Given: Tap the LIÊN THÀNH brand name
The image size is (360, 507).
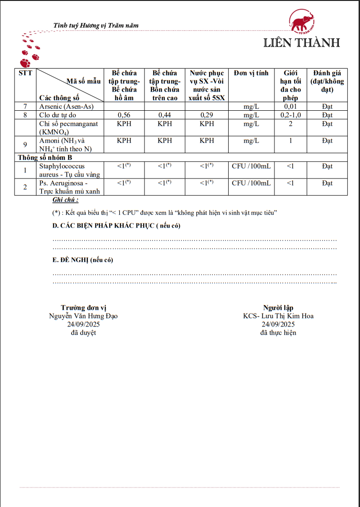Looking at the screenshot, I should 302,43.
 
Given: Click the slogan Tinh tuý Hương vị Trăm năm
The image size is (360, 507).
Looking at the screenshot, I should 96,25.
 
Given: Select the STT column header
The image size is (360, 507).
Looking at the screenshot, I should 25,73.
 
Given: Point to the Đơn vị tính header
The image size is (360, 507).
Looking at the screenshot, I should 251,73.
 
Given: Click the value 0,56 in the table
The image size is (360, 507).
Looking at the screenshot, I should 124,115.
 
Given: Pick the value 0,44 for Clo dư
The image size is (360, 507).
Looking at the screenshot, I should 165,115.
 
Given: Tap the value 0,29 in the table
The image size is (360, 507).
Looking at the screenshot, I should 207,115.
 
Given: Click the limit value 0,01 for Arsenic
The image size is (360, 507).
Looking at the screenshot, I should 291,107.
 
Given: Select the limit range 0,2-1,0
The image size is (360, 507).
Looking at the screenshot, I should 291,115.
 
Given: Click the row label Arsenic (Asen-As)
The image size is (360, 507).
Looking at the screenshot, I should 66,107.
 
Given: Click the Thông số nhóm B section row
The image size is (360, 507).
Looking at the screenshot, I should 45,157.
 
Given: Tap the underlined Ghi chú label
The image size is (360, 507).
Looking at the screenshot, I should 65,200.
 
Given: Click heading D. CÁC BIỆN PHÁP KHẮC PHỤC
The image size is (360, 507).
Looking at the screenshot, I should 116,226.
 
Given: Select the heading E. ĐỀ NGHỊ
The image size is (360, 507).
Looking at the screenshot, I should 83,260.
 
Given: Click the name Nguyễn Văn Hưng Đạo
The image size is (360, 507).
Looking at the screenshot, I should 83,316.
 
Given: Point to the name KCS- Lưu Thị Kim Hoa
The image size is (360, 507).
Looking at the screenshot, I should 278,316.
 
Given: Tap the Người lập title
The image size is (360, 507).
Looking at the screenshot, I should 278,307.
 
